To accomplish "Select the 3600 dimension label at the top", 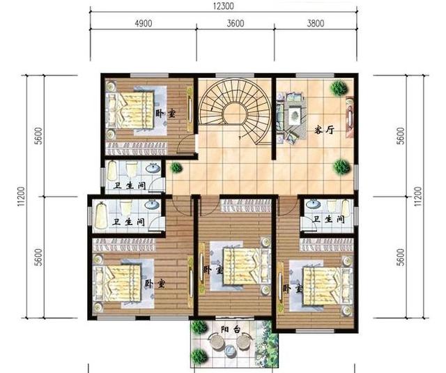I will [236, 22].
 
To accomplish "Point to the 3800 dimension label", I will [315, 22].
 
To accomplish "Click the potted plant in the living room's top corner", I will [339, 88].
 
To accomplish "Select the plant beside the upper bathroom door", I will [175, 167].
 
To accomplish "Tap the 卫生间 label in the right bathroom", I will [326, 219].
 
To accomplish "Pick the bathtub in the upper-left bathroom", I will [112, 174].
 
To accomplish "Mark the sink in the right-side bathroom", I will [314, 205].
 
